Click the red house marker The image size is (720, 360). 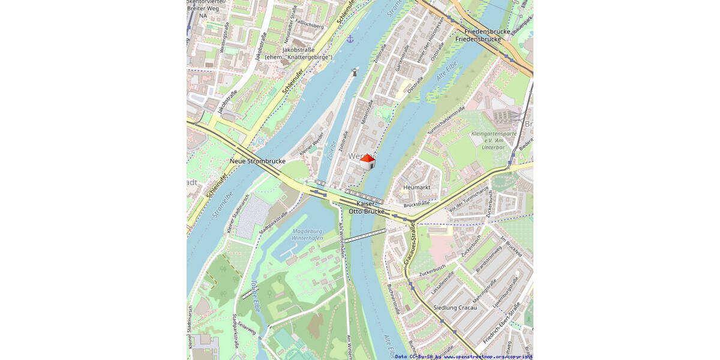(367, 161)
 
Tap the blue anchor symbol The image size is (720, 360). (350, 39)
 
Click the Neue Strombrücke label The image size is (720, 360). (257, 161)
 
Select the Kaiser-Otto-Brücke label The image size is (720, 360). (366, 208)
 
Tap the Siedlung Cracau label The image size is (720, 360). (455, 308)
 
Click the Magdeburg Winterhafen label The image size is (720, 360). (307, 235)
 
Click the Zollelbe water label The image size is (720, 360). (332, 150)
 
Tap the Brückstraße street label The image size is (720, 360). (417, 205)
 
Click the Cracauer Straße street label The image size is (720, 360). (410, 243)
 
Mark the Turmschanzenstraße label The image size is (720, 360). (446, 121)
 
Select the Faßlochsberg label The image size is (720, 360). (311, 26)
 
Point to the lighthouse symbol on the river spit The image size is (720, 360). (355, 73)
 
